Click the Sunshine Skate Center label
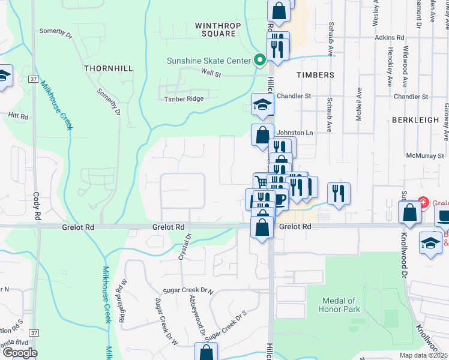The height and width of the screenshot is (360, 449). click(208, 61)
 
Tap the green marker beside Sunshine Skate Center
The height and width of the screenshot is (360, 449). click(260, 60)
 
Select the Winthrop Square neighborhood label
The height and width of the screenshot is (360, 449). click(215, 29)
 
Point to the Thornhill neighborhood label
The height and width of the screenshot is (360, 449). click(109, 68)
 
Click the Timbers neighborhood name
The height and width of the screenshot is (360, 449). click(315, 75)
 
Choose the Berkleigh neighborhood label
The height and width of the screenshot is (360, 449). click(415, 120)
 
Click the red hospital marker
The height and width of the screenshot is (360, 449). click(423, 203)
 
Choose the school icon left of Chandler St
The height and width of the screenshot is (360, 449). click(263, 105)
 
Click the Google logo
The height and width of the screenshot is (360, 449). click(19, 353)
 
